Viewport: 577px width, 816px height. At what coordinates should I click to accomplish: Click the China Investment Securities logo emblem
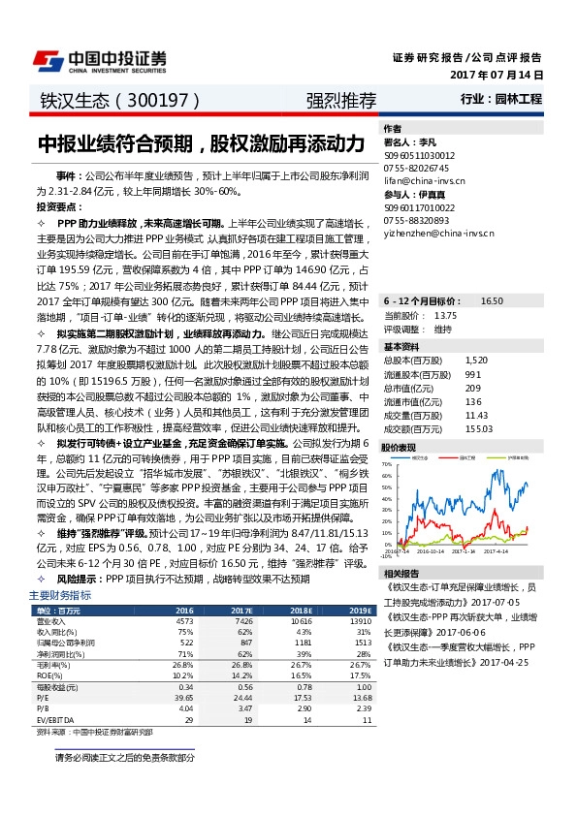49,61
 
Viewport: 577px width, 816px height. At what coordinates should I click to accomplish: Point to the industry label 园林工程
521,99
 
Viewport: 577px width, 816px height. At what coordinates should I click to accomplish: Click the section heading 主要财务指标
60,595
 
